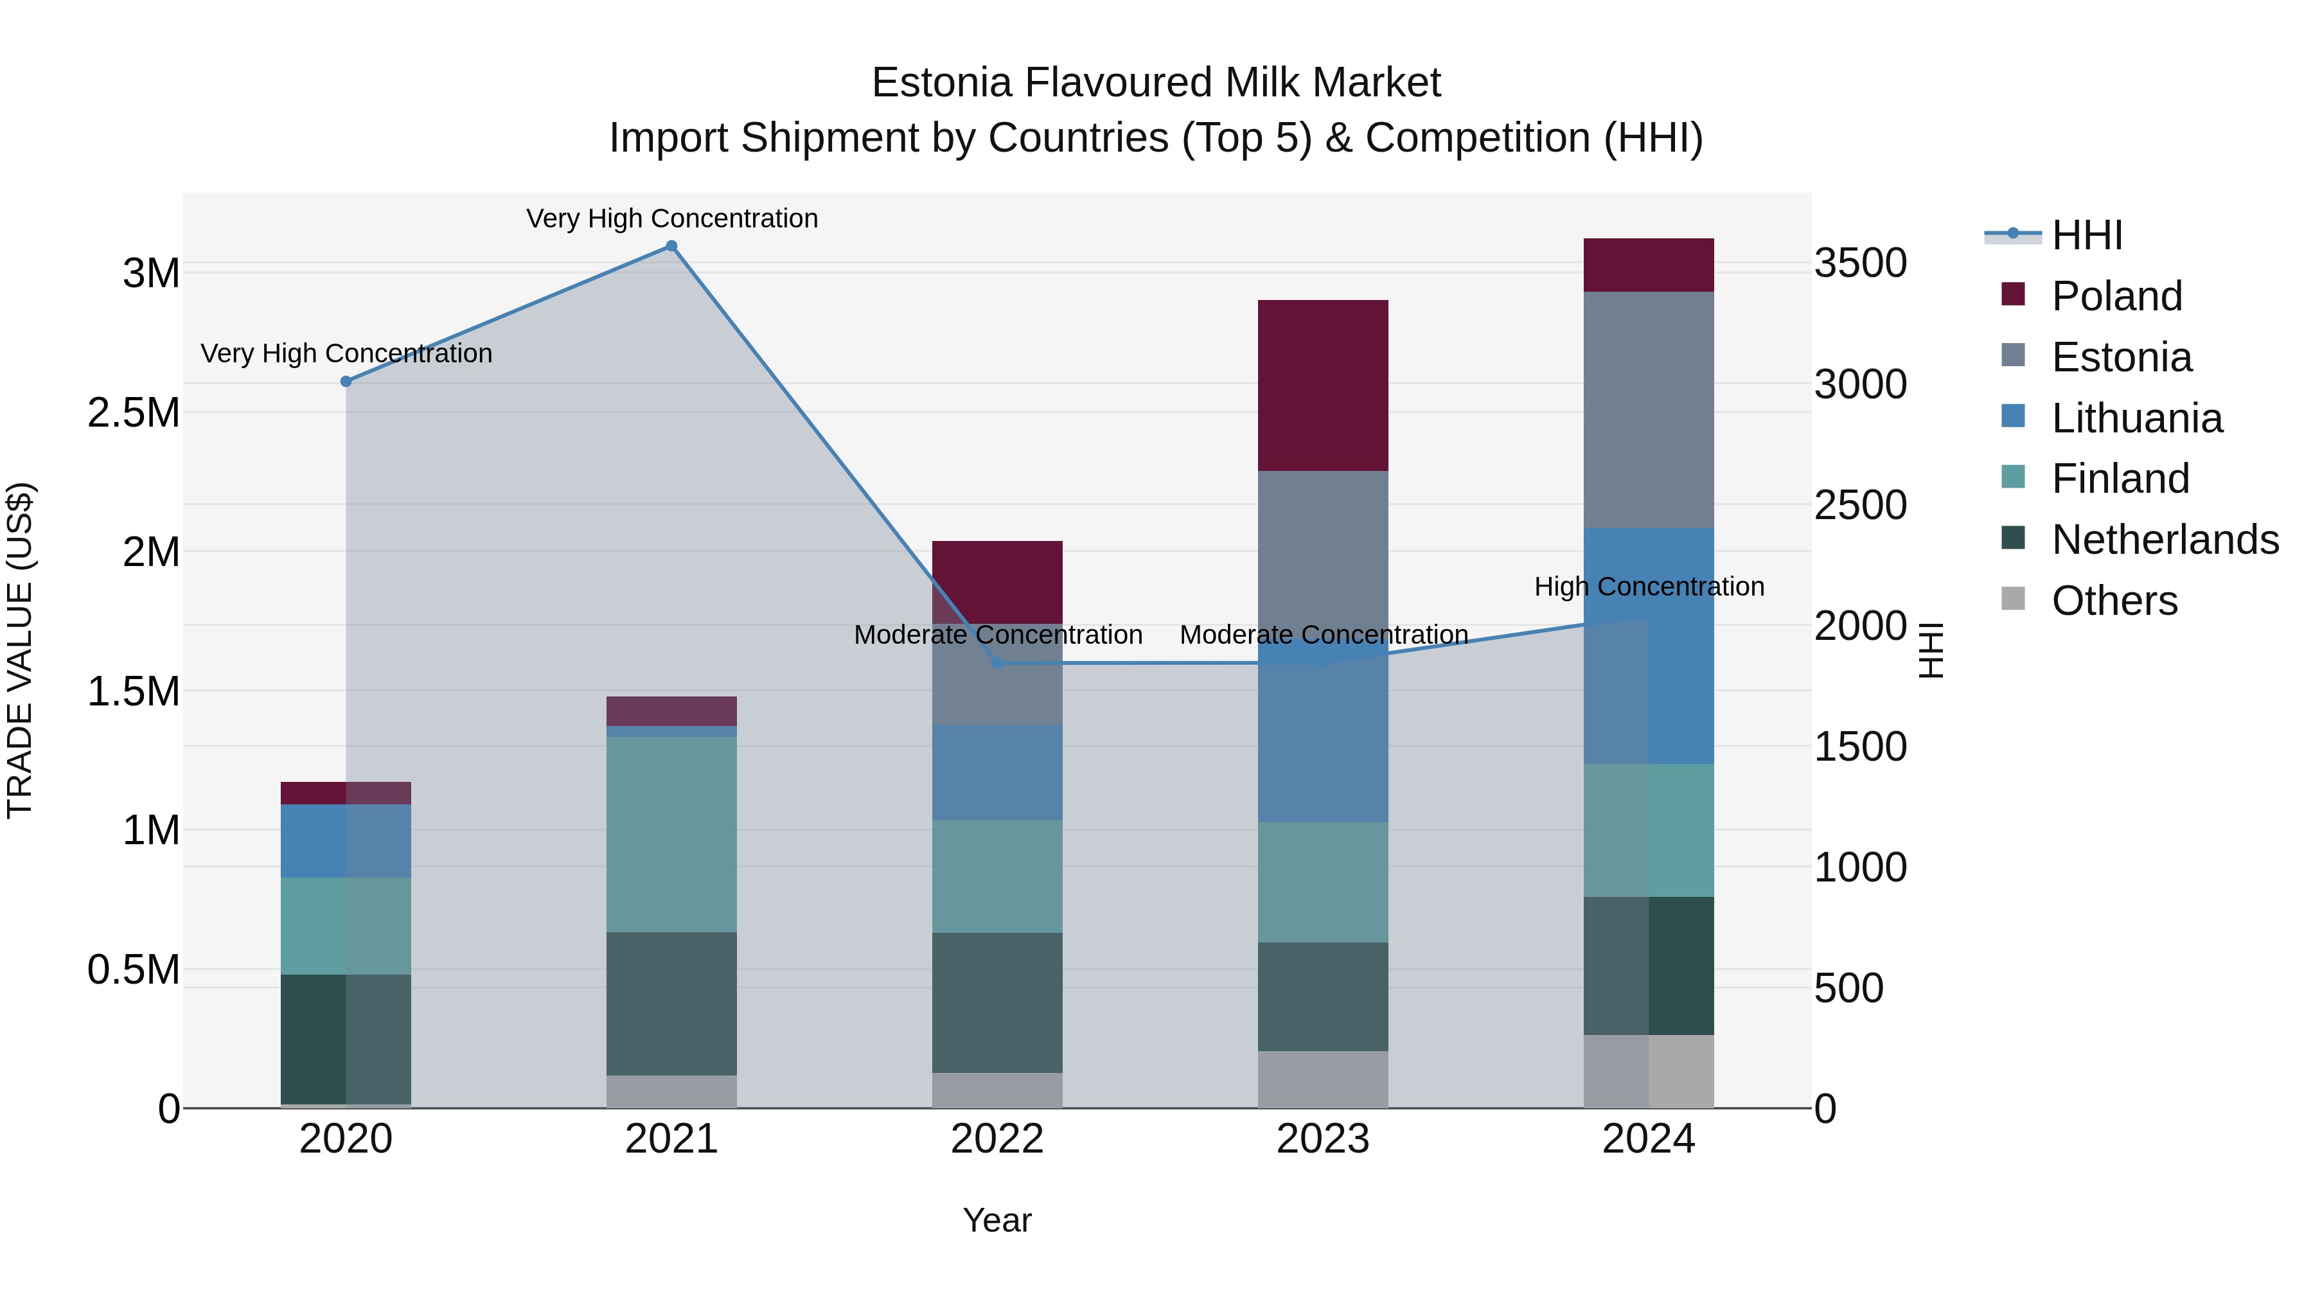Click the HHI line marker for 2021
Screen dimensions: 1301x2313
tap(671, 246)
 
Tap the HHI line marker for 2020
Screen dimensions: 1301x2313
tap(346, 382)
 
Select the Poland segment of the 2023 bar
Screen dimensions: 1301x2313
tap(1323, 385)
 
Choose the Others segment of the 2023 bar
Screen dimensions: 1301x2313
tap(1323, 1079)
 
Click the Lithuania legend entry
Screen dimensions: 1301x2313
tap(2136, 418)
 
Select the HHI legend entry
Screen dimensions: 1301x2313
tap(2087, 235)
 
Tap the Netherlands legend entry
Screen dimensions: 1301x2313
tap(2164, 540)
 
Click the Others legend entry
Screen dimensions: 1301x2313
tap(2114, 601)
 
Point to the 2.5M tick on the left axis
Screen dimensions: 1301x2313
tap(134, 413)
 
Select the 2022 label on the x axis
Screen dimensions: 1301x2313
tap(997, 1139)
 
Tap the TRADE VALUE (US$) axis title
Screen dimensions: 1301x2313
tap(20, 650)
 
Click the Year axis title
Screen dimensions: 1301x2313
tap(997, 1220)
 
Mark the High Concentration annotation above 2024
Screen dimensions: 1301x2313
tap(1649, 587)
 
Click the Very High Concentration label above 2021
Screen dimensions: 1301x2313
tap(671, 218)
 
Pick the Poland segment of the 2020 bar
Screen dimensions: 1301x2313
tap(346, 793)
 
